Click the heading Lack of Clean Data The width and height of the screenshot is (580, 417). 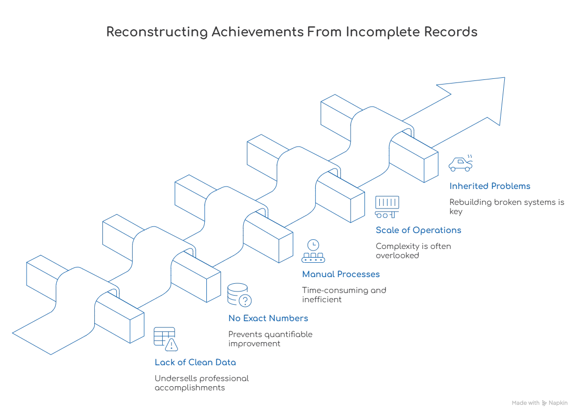point(195,363)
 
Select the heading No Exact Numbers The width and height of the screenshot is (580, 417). point(268,319)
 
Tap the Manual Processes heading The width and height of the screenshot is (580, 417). point(339,275)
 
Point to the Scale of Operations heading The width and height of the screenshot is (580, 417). point(418,231)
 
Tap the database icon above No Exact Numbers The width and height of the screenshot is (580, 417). point(239,295)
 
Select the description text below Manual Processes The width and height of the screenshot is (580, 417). point(343,295)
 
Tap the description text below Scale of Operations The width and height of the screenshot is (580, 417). point(413,250)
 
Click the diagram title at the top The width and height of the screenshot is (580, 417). point(292,32)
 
